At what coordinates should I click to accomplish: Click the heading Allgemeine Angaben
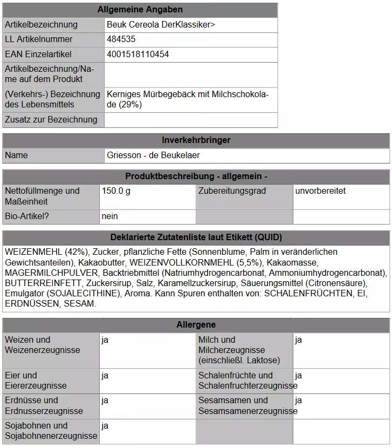pos(140,10)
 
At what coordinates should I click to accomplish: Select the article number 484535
pos(121,39)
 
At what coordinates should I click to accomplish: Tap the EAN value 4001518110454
pos(137,55)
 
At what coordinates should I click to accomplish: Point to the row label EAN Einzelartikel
pos(38,55)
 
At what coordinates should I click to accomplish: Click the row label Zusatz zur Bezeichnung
pos(51,120)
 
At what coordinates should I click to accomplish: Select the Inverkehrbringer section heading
pos(196,140)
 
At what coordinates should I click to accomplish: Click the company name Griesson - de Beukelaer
pos(153,155)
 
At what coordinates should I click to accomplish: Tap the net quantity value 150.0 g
pos(116,191)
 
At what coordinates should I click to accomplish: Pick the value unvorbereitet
pos(320,191)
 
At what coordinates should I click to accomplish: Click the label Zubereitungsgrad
pos(232,191)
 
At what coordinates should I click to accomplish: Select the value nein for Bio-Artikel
pos(109,216)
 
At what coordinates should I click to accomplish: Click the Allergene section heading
pos(196,325)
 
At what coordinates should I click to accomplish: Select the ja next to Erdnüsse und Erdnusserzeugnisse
pos(105,401)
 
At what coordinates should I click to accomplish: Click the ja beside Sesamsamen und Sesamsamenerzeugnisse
pos(299,401)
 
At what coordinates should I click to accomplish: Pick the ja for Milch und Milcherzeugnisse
pos(299,340)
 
